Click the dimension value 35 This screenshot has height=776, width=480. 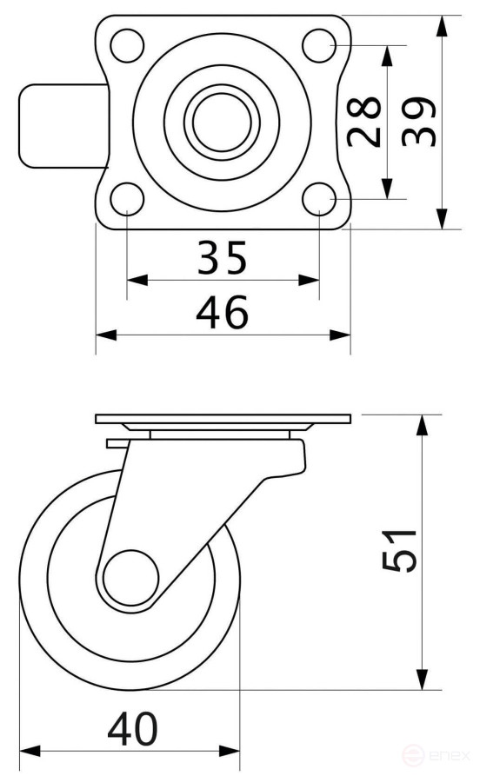tap(222, 257)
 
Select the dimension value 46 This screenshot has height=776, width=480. tap(222, 312)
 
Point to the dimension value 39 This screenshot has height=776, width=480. tap(419, 122)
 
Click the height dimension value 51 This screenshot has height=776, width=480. tap(399, 550)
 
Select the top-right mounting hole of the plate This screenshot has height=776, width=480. tap(319, 43)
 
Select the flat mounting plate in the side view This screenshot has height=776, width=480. tap(223, 420)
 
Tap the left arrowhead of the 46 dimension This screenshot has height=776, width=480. tap(103, 334)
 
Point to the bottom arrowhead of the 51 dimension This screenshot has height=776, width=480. tap(423, 680)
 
